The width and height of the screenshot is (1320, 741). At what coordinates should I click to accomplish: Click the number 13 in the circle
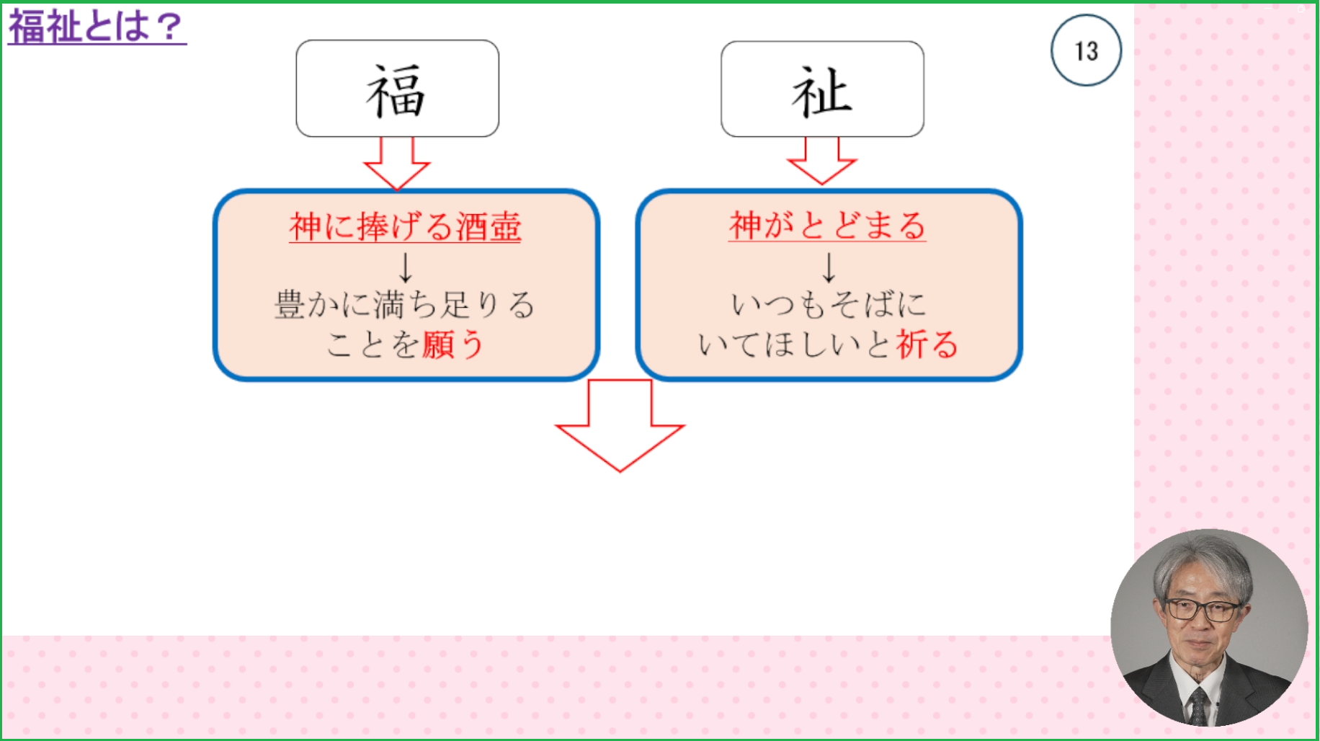pyautogui.click(x=1086, y=51)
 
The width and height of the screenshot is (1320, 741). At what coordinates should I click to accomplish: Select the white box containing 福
pyautogui.click(x=397, y=89)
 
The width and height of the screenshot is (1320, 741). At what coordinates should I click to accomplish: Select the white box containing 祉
pyautogui.click(x=822, y=89)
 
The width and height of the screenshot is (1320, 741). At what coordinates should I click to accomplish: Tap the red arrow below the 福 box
pyautogui.click(x=397, y=164)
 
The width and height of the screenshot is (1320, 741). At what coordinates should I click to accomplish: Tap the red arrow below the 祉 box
pyautogui.click(x=822, y=163)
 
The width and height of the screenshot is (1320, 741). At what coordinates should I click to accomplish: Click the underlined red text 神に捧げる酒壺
pyautogui.click(x=405, y=226)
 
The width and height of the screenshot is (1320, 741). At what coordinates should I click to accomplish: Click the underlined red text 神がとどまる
pyautogui.click(x=827, y=226)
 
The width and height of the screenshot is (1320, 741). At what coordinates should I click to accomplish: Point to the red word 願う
pyautogui.click(x=452, y=345)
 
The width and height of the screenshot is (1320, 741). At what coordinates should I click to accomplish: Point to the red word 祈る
pyautogui.click(x=927, y=345)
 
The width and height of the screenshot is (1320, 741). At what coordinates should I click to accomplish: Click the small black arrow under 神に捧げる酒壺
pyautogui.click(x=406, y=267)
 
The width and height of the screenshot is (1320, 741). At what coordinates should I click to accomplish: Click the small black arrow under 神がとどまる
pyautogui.click(x=829, y=267)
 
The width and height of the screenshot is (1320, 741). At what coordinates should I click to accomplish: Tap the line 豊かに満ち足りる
pyautogui.click(x=405, y=304)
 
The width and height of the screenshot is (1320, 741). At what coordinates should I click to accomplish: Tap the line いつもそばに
pyautogui.click(x=829, y=304)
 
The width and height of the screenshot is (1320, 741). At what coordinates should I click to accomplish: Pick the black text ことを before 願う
pyautogui.click(x=373, y=345)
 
